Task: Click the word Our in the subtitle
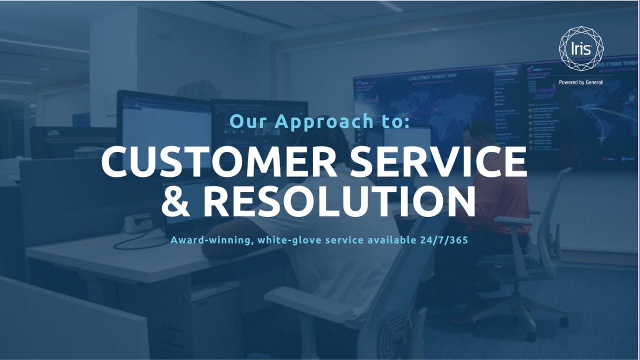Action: pyautogui.click(x=248, y=121)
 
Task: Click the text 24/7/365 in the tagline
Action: pyautogui.click(x=444, y=240)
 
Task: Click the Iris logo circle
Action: pyautogui.click(x=581, y=49)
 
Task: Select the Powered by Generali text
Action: pyautogui.click(x=581, y=82)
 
